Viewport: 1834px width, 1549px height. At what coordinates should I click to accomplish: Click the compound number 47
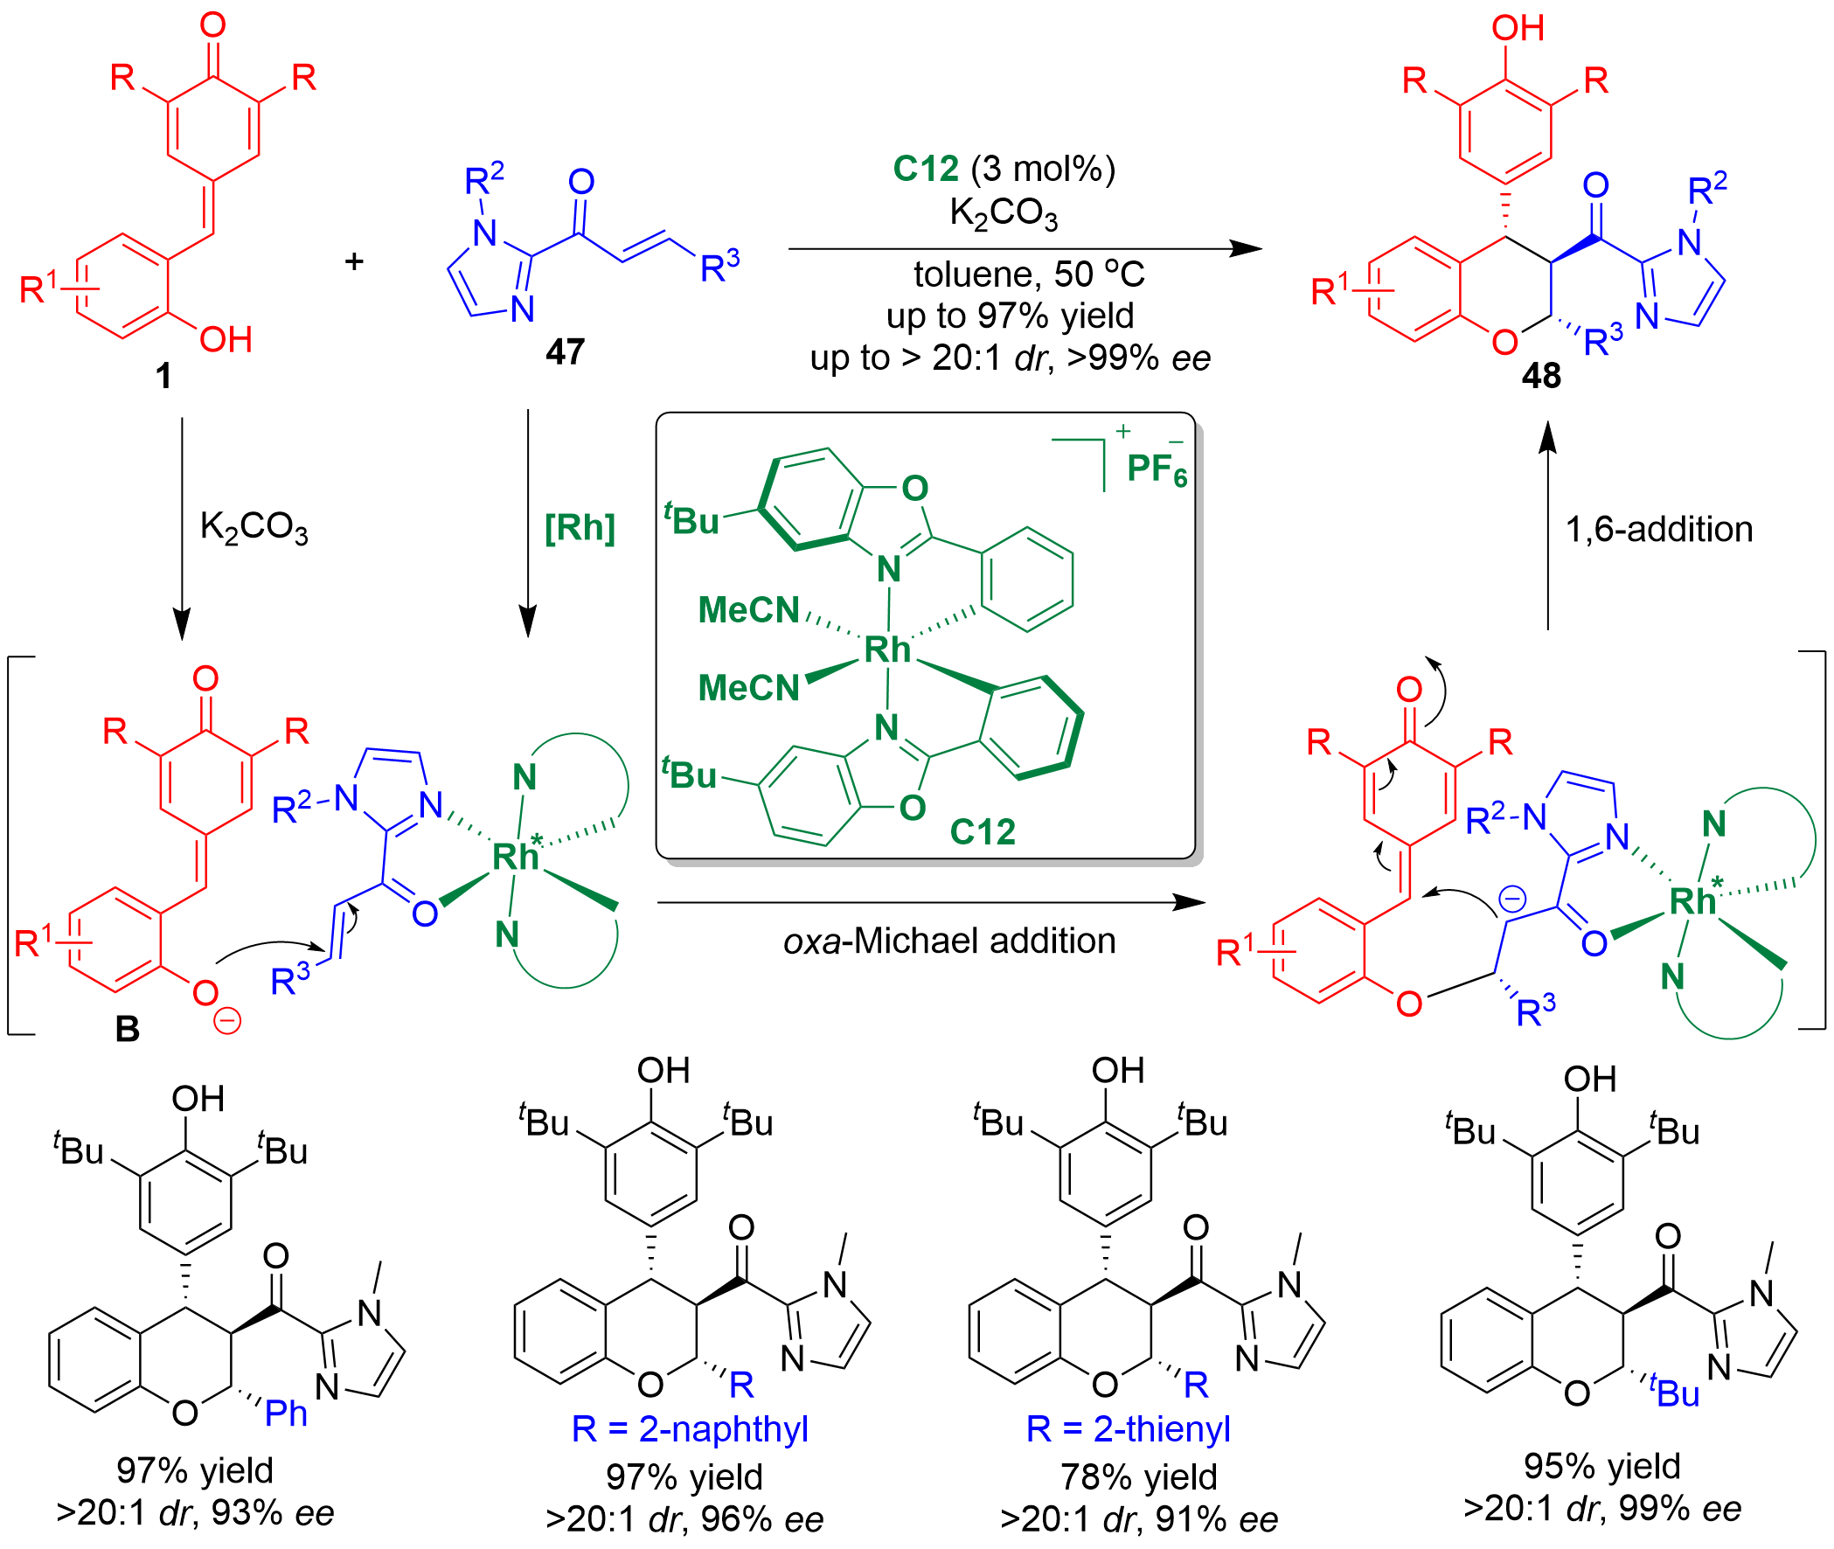tap(565, 352)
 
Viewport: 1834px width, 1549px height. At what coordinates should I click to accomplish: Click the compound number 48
tap(1542, 376)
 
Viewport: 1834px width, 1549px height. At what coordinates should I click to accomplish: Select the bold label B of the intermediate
tap(128, 1029)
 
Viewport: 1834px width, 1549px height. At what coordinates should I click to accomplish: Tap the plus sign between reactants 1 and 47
tap(354, 260)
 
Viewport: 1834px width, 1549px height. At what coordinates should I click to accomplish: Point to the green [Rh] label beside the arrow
tap(580, 529)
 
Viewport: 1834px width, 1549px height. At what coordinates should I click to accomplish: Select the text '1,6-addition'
tap(1658, 530)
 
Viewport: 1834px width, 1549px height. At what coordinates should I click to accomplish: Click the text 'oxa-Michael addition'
tap(949, 941)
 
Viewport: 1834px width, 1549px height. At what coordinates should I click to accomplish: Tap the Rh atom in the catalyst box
tap(887, 649)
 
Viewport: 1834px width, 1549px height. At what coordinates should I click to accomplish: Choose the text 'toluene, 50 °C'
tap(1029, 274)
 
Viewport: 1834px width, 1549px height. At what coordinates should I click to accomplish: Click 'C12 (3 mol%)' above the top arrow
tap(1004, 169)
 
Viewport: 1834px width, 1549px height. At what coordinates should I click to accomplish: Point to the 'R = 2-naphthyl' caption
tap(689, 1428)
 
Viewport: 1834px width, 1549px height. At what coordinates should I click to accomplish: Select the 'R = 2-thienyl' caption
tap(1128, 1428)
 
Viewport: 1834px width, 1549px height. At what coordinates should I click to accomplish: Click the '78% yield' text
tap(1139, 1477)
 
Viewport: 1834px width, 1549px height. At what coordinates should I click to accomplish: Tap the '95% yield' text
tap(1602, 1466)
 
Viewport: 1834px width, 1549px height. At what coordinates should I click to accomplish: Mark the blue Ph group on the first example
tap(286, 1413)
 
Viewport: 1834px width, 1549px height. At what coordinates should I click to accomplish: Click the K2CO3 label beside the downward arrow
tap(254, 527)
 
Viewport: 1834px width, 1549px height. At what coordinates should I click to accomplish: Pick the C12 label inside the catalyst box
tap(983, 830)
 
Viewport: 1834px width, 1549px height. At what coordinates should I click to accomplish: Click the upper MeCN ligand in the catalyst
tap(748, 610)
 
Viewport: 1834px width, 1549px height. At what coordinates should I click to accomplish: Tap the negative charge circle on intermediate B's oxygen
tap(227, 1020)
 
